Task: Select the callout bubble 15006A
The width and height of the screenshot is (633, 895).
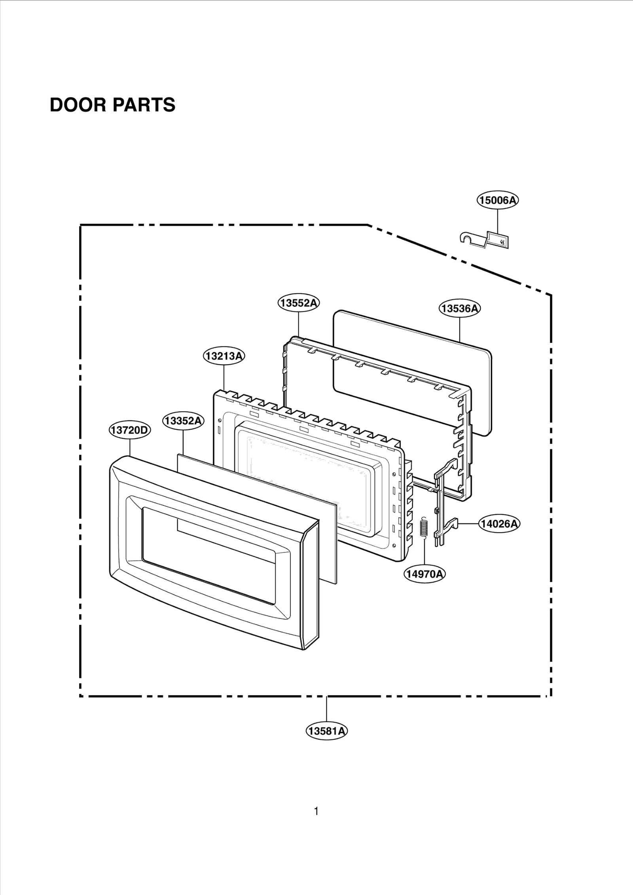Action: tap(498, 200)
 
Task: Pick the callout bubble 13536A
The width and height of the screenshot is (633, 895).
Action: tap(459, 308)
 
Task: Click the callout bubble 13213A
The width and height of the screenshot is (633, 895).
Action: tap(224, 356)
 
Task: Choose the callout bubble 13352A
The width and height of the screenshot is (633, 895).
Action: tap(183, 420)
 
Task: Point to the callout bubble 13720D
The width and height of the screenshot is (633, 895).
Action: tap(130, 430)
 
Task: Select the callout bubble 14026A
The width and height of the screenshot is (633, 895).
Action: tap(499, 524)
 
